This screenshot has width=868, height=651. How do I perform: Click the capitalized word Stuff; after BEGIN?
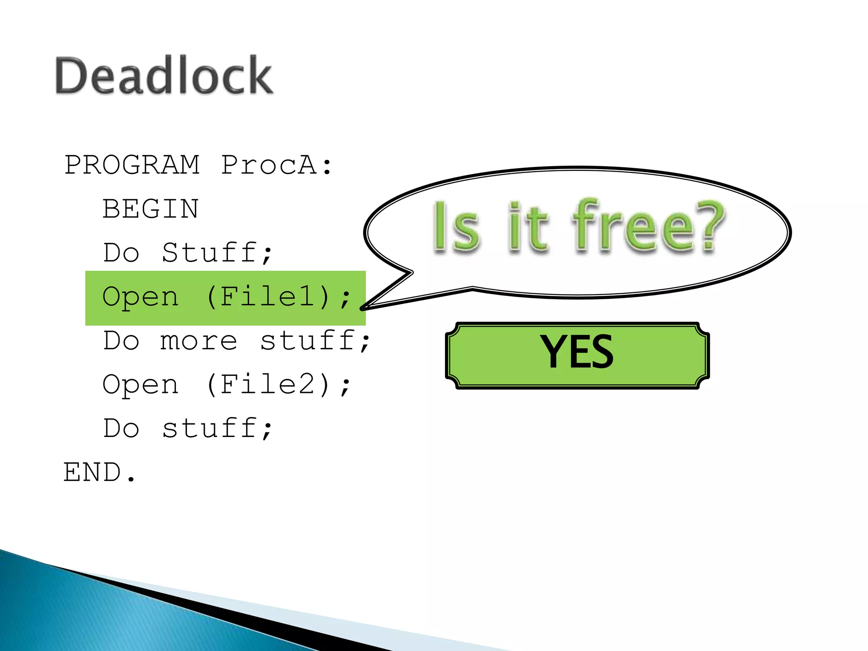[217, 253]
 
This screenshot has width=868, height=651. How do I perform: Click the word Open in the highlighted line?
[140, 296]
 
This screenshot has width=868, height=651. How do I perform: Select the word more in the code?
[198, 340]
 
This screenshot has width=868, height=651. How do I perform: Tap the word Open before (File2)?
[140, 384]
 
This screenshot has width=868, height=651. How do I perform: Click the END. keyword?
[99, 472]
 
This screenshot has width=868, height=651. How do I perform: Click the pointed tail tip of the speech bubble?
[363, 308]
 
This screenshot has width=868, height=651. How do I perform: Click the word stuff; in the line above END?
[217, 428]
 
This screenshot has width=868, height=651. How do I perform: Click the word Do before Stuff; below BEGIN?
[121, 253]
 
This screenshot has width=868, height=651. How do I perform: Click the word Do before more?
[121, 340]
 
